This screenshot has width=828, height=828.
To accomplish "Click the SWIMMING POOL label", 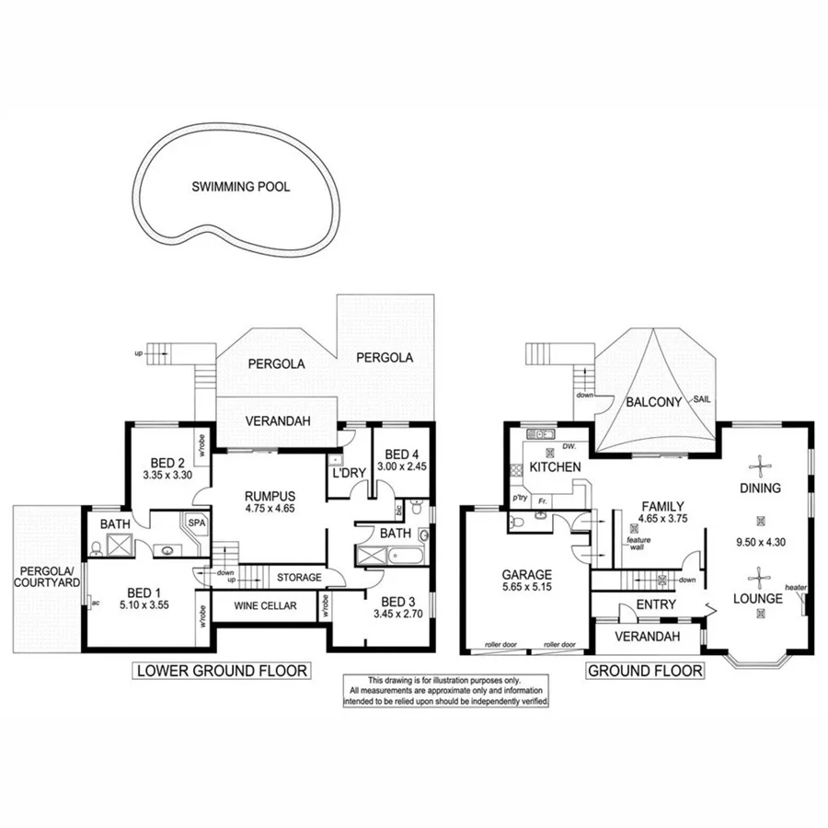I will click(240, 187).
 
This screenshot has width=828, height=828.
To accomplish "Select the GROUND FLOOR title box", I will click(645, 670).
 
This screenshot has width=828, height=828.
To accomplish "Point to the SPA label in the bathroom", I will click(196, 522).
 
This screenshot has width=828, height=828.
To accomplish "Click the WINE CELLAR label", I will click(266, 606).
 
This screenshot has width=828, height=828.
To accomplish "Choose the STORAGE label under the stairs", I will click(299, 578).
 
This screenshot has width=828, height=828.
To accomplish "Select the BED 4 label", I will click(402, 454).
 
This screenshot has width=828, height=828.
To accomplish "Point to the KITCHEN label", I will click(555, 467).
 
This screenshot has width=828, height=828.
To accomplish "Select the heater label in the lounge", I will click(794, 587).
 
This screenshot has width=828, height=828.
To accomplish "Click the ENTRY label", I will click(656, 604).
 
